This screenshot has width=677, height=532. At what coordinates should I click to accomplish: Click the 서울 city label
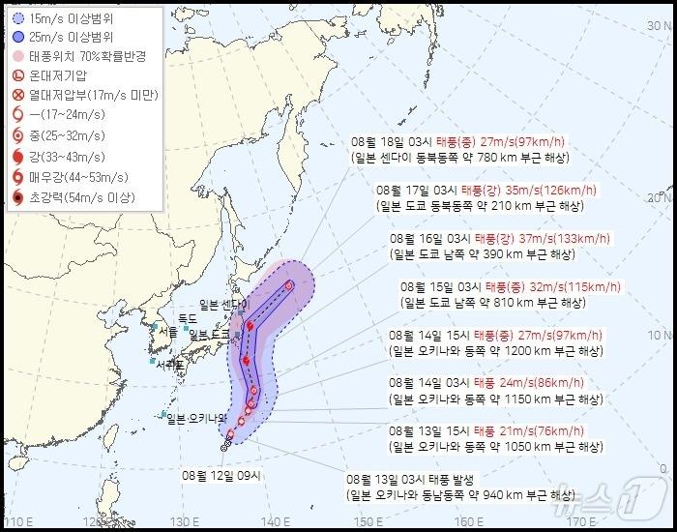click(170, 331)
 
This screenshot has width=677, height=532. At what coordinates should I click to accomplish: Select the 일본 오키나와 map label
click(195, 419)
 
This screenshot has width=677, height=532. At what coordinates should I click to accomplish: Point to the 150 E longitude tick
click(365, 523)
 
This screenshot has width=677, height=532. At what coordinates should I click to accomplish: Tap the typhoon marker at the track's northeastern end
click(289, 284)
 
